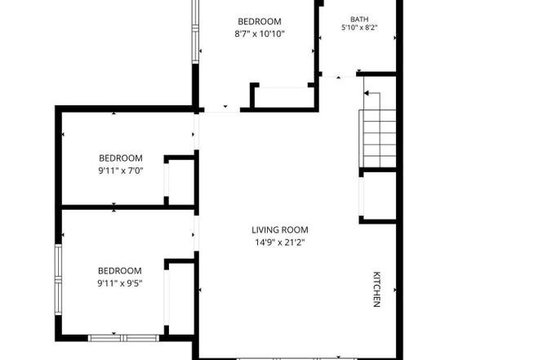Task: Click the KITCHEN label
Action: (x=376, y=289)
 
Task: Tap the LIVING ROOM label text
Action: (x=280, y=230)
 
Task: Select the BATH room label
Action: (x=359, y=20)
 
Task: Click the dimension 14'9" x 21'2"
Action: (x=280, y=242)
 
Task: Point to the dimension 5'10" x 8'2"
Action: (x=359, y=28)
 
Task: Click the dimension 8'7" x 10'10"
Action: (x=260, y=34)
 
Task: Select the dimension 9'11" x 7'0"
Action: (x=121, y=171)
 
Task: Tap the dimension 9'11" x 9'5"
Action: (x=120, y=283)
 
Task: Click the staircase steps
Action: (x=378, y=139)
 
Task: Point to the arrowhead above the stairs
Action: (x=367, y=93)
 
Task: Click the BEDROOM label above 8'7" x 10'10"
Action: (x=260, y=21)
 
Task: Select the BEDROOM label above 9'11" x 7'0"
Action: (x=121, y=158)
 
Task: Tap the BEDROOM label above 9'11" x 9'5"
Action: (x=120, y=271)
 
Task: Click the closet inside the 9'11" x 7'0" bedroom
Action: (x=181, y=182)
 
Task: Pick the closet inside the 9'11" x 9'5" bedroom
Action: (x=180, y=297)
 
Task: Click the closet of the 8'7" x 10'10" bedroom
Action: (x=283, y=97)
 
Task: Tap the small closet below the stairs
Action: (x=379, y=196)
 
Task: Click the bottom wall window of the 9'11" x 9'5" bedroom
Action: (x=123, y=338)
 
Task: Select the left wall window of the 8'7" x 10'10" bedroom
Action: (x=195, y=32)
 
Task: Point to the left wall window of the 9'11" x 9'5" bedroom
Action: (x=58, y=279)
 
